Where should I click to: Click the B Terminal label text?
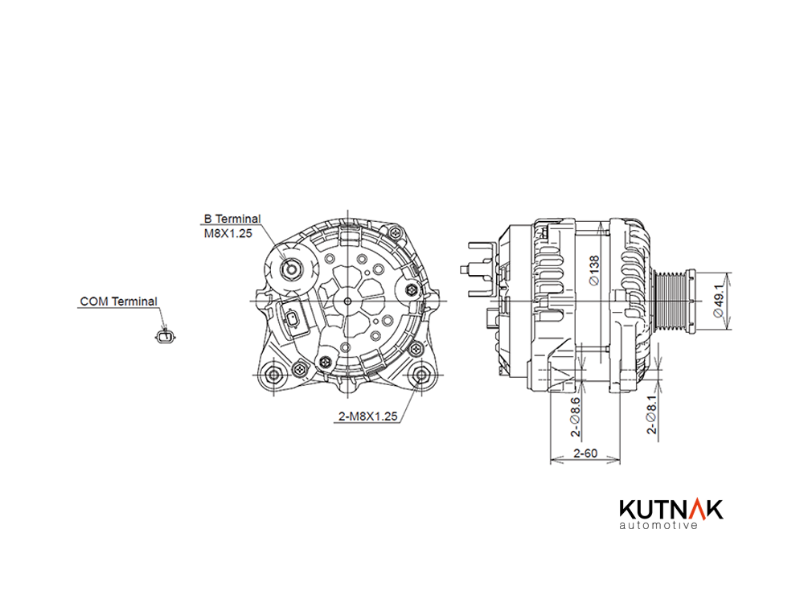[x=232, y=219]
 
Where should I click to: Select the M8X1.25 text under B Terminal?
[x=228, y=233]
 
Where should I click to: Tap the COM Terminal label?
[x=118, y=301]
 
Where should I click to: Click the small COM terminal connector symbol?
[x=164, y=337]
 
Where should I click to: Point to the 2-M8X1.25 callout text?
[x=367, y=416]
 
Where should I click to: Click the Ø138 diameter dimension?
[x=594, y=270]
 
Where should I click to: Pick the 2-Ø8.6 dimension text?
[x=576, y=416]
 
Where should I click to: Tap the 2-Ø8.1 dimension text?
[x=651, y=414]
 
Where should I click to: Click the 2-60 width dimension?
[x=585, y=453]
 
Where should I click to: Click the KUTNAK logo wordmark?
[x=671, y=509]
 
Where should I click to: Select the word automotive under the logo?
[x=658, y=525]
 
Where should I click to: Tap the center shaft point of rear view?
[x=347, y=301]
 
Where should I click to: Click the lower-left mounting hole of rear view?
[x=274, y=375]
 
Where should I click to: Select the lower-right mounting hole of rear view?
[x=421, y=374]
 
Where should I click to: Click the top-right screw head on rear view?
[x=395, y=232]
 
